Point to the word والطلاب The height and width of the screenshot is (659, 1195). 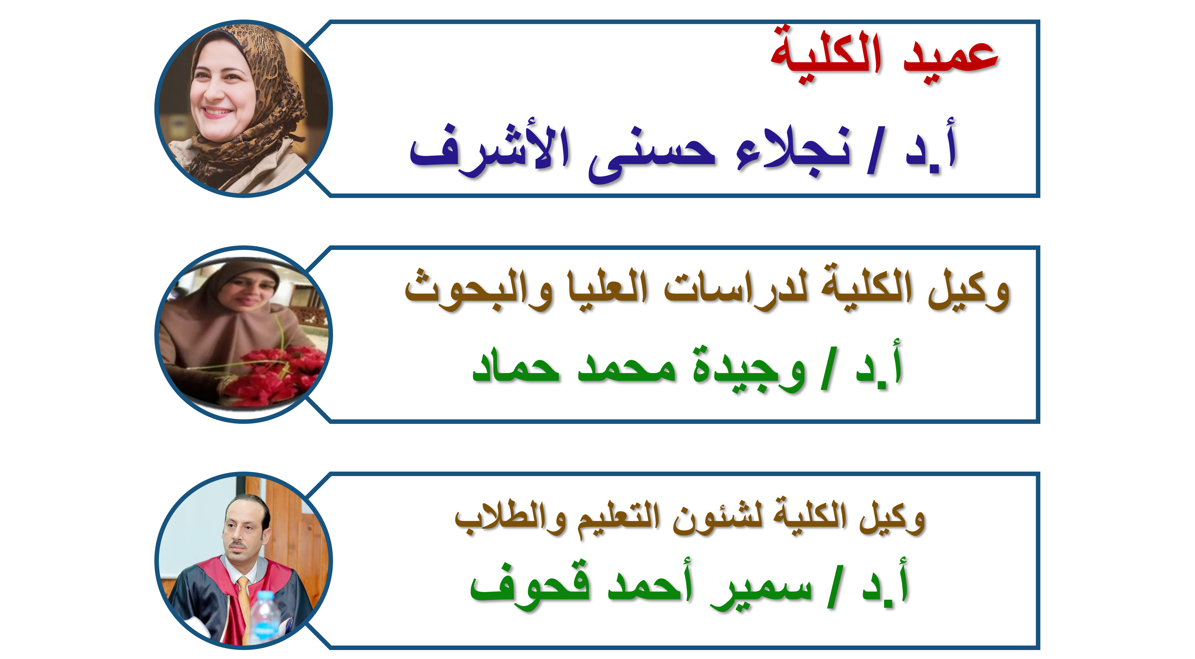[x=510, y=517]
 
